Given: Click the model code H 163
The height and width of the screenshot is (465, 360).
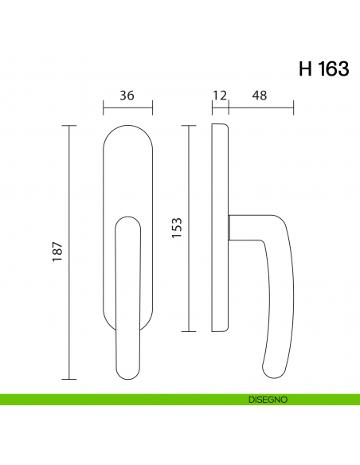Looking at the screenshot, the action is [x=323, y=68].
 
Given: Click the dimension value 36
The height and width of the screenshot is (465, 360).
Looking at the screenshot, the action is [x=127, y=96].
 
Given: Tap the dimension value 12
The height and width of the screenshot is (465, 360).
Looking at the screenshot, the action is [x=220, y=96].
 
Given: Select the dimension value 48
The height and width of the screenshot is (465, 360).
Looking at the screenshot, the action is [x=260, y=96].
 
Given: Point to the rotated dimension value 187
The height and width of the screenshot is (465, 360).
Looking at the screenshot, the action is [x=57, y=252].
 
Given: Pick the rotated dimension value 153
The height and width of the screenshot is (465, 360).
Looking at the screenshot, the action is [x=177, y=228].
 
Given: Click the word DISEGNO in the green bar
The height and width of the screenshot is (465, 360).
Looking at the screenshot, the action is [x=268, y=400].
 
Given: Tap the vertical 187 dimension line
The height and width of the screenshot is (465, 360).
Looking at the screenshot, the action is [x=69, y=252].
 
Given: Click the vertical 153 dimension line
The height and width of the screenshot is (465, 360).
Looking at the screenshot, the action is [x=189, y=229].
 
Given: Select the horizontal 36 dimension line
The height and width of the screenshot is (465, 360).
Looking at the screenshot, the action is [x=127, y=107].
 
